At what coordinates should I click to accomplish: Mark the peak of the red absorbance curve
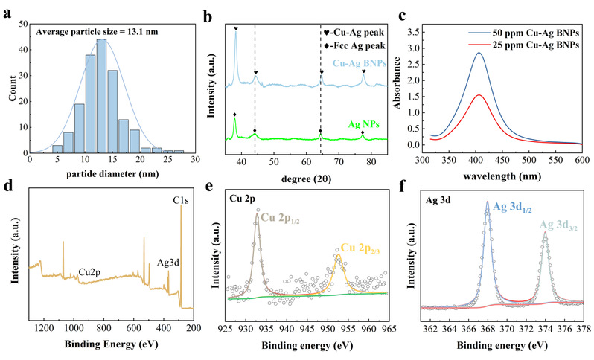pos(479,95)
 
